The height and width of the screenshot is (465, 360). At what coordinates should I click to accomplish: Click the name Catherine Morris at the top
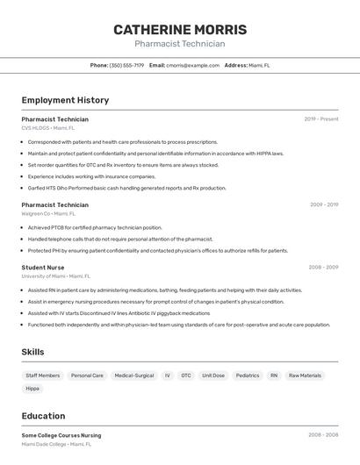click(180, 30)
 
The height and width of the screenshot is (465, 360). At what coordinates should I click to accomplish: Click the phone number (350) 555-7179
click(126, 65)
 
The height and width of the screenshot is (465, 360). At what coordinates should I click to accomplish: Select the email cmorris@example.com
click(193, 65)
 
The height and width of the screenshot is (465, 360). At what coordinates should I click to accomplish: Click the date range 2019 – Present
click(321, 119)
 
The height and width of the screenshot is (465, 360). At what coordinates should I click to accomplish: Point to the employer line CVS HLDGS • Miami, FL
click(48, 128)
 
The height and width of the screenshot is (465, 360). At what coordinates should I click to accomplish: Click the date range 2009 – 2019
click(324, 204)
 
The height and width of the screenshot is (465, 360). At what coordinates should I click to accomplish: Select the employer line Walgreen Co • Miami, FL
click(48, 213)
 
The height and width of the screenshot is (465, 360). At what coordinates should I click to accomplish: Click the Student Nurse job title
click(43, 267)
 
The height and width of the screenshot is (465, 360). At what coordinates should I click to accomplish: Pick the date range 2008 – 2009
click(323, 267)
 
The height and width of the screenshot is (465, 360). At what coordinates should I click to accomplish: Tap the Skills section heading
click(32, 352)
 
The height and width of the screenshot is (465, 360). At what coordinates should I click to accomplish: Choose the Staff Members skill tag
click(43, 376)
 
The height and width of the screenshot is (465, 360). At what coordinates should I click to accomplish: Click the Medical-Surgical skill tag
click(134, 376)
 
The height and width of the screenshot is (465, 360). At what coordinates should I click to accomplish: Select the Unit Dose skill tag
click(213, 376)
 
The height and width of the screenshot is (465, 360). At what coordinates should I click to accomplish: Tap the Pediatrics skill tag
click(248, 376)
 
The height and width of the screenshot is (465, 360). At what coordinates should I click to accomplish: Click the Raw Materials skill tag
click(305, 376)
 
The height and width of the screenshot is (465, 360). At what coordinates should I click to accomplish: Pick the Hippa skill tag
click(32, 388)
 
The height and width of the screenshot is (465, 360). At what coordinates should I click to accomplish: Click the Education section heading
click(43, 416)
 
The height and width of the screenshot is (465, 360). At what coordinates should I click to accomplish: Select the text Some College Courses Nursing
click(61, 435)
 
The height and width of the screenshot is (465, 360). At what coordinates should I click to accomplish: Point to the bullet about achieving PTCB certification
click(95, 227)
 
